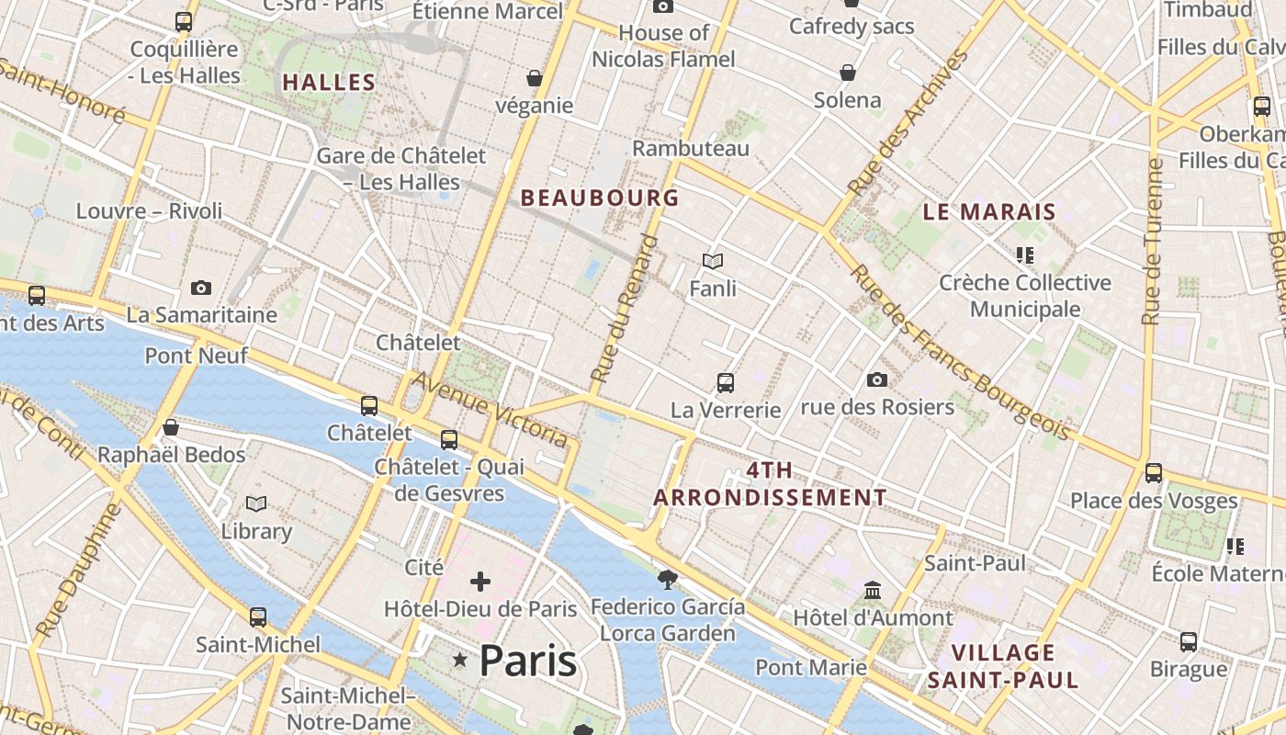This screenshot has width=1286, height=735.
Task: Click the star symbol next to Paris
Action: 460,660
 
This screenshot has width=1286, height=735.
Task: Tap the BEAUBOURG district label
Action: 600,198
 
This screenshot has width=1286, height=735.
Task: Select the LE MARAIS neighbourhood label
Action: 989,212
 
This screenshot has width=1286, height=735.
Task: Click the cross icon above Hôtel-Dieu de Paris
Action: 480,582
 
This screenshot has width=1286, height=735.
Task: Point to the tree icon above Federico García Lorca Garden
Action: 668,579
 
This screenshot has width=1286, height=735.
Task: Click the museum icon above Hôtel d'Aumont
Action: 873,590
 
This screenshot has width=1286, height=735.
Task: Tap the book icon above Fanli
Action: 713,262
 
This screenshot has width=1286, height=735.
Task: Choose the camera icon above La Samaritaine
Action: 201,288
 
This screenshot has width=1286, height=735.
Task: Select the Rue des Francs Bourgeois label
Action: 960,352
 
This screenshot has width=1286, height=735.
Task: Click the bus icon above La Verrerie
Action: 726,382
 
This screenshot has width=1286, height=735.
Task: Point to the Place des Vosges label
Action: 1154,501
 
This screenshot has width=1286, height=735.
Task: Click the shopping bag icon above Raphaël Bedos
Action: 171,427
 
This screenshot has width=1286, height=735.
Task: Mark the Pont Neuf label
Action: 196,356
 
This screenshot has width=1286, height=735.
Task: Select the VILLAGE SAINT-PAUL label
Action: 1002,667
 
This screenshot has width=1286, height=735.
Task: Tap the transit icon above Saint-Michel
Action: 258,617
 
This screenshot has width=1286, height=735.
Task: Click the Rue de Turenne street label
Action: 1153,242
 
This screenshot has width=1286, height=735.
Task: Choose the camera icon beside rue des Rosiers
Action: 877,379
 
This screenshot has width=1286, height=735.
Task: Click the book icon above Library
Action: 256,503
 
